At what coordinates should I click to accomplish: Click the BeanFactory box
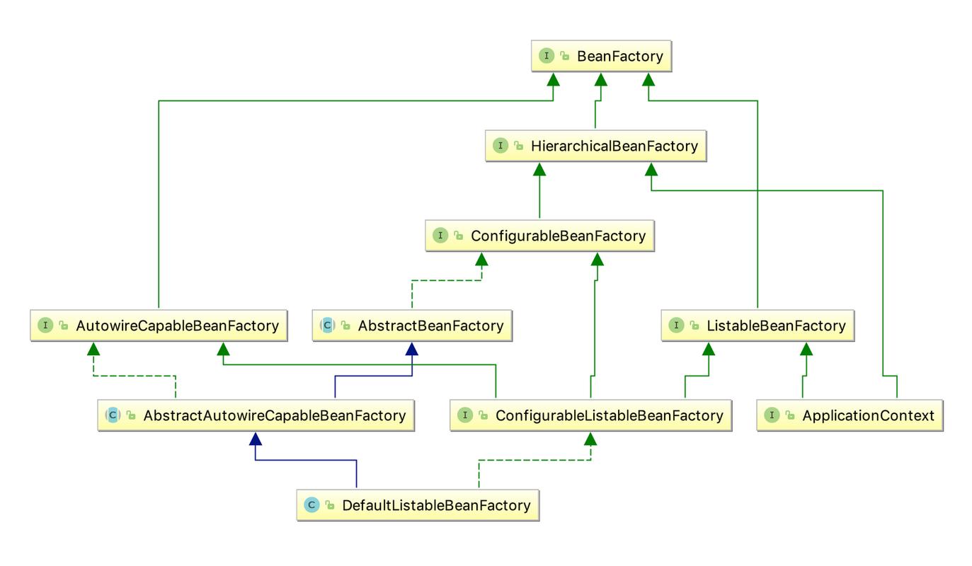602,56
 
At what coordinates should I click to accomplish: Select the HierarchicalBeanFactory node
596,146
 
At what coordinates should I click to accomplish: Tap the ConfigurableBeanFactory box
540,236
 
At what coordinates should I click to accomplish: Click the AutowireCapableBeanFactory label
178,325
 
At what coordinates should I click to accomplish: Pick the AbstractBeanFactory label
430,325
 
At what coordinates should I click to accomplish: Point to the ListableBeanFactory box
757,325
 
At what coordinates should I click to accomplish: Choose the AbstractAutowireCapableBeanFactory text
275,415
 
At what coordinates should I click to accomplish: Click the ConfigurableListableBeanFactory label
610,415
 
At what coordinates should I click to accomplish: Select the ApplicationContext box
850,415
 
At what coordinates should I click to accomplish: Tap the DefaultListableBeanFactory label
436,505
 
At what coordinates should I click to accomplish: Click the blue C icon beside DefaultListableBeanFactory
311,505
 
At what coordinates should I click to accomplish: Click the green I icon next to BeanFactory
547,55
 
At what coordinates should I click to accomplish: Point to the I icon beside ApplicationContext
772,415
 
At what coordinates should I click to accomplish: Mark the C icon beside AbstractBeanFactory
328,325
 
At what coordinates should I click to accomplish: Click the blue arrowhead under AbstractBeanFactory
412,349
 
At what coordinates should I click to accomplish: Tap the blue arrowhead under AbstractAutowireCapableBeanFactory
256,439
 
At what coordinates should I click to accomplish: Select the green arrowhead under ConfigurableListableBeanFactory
590,439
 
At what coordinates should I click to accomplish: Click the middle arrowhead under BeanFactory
601,79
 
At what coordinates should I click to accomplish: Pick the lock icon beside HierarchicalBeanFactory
518,146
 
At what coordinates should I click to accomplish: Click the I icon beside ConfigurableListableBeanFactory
465,415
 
